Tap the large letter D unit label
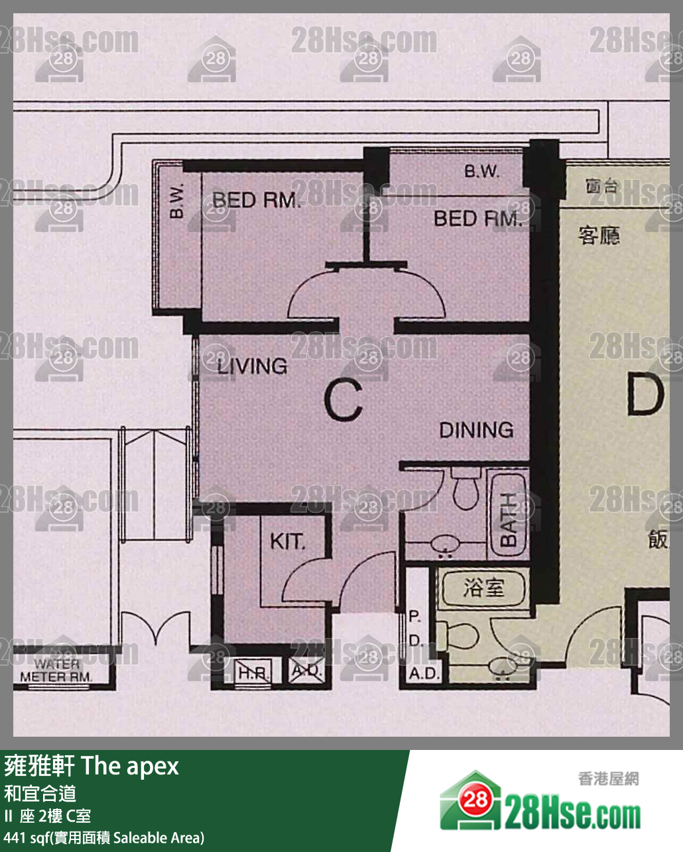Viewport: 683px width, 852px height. (x=645, y=396)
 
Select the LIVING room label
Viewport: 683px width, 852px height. (x=252, y=366)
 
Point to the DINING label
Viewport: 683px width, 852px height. (x=476, y=430)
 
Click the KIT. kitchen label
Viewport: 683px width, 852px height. (x=287, y=541)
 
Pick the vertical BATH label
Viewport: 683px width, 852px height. (x=507, y=521)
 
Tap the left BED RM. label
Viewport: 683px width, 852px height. (x=255, y=199)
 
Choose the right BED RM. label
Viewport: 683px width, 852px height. (x=477, y=218)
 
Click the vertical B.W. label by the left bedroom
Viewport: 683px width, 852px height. (x=176, y=201)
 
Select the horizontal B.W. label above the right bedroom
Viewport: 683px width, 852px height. (x=481, y=172)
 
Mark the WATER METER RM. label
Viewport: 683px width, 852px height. (x=56, y=670)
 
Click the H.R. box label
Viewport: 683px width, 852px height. (x=253, y=672)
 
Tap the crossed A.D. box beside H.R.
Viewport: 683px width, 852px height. (x=307, y=670)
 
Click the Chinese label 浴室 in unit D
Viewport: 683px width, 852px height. (x=483, y=588)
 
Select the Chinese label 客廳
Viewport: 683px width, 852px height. (x=599, y=235)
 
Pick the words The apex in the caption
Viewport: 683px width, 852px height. (x=130, y=766)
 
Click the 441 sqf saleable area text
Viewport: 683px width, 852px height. (x=104, y=837)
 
